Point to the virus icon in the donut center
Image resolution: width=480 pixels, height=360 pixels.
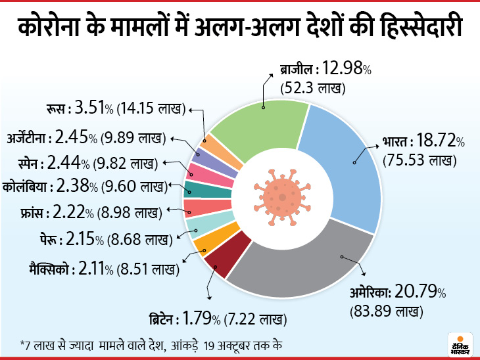pos(281,198)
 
